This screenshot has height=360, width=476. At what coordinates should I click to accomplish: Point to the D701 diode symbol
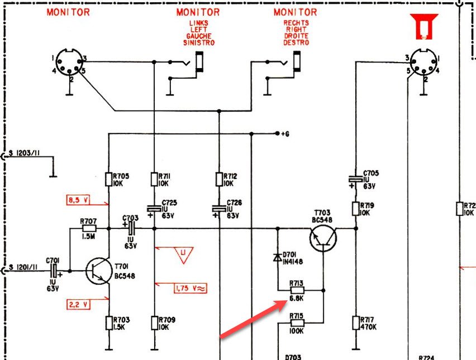point(277,257)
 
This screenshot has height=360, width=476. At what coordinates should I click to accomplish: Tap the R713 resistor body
point(297,290)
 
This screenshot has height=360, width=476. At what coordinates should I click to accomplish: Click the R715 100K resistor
point(297,323)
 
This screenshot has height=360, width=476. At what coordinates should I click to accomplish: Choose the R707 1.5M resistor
point(89,228)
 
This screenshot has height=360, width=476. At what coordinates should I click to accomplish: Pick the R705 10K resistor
point(109,180)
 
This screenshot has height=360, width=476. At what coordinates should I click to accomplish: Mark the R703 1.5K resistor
point(109,323)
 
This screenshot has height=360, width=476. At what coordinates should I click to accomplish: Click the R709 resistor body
point(154,323)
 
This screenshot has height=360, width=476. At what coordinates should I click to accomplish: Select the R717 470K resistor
point(356,323)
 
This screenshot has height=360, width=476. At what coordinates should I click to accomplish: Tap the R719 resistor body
point(356,209)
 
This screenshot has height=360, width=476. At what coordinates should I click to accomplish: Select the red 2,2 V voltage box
point(78,304)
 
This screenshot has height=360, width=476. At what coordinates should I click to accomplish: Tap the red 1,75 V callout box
point(191,288)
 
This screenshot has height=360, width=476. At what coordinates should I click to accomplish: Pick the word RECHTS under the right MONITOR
point(296,23)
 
